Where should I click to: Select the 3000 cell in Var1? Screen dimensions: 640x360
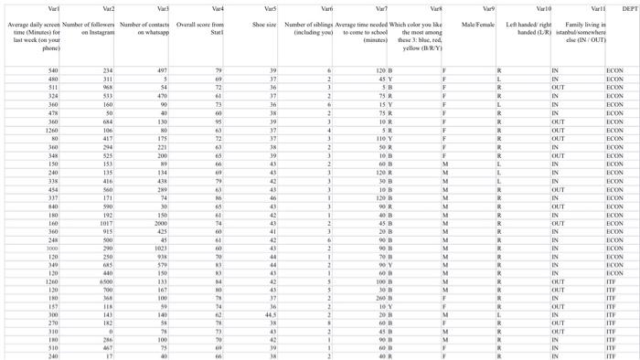coord(52,248)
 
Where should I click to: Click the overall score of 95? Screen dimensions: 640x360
coord(218,120)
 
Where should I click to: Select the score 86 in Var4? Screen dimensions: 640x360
coord(218,196)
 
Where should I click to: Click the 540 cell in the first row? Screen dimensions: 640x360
coord(53,69)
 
